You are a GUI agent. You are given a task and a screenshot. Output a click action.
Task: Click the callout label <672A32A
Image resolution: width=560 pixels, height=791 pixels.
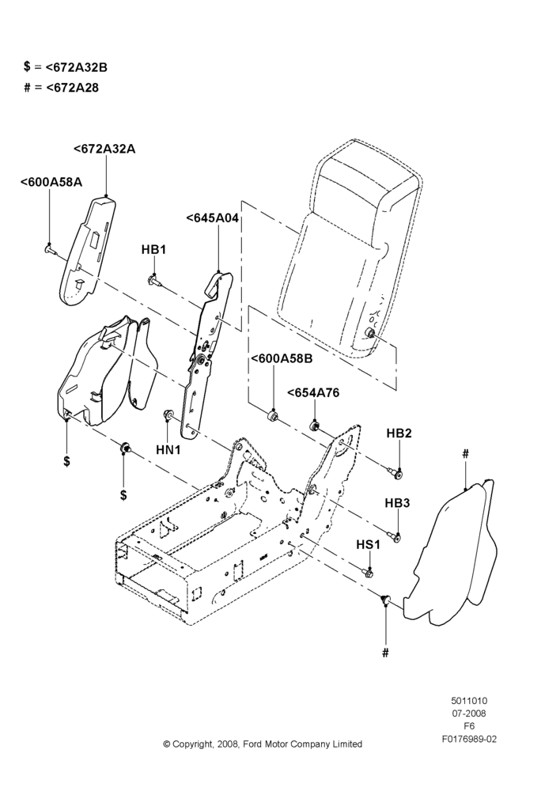tap(104, 149)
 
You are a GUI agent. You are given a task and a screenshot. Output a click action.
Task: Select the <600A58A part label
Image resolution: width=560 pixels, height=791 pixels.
tap(51, 182)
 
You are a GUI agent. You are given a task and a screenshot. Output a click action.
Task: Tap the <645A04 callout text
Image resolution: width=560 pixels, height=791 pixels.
tap(212, 218)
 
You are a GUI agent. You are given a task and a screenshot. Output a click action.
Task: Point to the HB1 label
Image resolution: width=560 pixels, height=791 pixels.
tap(153, 250)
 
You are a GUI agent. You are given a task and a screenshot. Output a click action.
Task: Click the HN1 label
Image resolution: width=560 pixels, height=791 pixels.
tap(168, 449)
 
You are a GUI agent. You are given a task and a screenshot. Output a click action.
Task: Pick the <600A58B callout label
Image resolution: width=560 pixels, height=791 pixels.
tap(282, 358)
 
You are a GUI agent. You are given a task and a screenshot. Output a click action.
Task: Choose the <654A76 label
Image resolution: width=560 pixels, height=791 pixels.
tap(313, 392)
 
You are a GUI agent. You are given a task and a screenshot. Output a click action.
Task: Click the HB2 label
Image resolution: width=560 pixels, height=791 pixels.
tap(399, 433)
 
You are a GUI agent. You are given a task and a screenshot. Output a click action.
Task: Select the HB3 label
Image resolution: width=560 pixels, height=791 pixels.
tap(398, 503)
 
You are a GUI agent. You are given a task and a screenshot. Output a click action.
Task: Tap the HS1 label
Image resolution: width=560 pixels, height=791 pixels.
tap(369, 545)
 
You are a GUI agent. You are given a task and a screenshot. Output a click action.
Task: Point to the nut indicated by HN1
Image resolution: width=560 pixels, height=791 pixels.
tap(168, 414)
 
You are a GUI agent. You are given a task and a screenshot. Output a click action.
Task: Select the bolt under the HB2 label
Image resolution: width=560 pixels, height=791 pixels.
tap(396, 473)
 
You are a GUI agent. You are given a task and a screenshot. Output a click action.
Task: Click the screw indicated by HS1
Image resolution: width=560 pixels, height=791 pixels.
tap(369, 573)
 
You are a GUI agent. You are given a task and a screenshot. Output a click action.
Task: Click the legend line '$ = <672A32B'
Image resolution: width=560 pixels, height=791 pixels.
tap(66, 67)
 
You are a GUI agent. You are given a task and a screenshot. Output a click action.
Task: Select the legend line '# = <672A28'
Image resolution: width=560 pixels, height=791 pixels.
tap(62, 88)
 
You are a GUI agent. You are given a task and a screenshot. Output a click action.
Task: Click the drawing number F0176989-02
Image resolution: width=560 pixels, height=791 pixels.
tap(469, 739)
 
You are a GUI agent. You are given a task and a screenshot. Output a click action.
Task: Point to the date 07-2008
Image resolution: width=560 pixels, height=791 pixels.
tap(469, 713)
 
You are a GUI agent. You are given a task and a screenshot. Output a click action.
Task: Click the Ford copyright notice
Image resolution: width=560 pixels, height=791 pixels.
tap(263, 744)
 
